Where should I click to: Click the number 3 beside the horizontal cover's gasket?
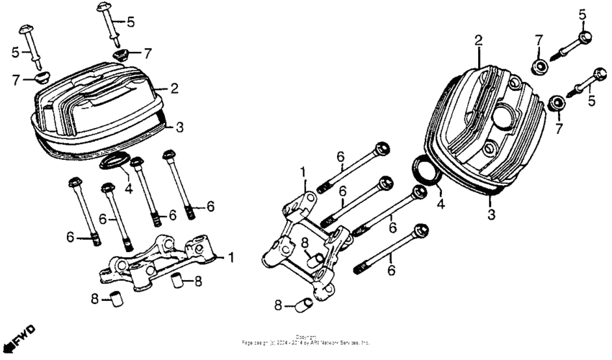coord(180,126)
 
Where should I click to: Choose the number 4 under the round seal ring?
coord(441,204)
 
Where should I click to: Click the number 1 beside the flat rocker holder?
coord(231,257)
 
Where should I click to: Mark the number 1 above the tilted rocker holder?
coord(304,171)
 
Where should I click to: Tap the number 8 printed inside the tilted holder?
coord(305,242)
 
